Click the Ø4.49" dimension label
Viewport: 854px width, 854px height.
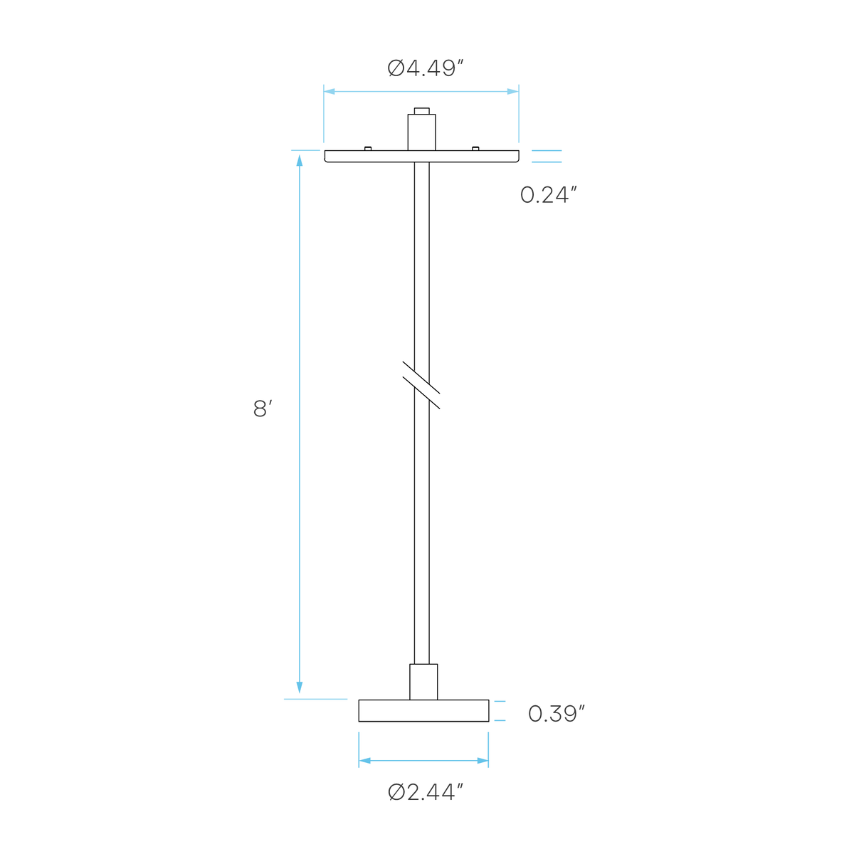pyautogui.click(x=425, y=68)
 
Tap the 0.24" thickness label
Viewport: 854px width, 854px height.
pyautogui.click(x=549, y=194)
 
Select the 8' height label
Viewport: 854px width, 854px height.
pyautogui.click(x=263, y=408)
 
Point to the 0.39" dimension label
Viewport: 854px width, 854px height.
pyautogui.click(x=557, y=714)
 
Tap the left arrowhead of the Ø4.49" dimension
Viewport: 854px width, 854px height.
pyautogui.click(x=330, y=91)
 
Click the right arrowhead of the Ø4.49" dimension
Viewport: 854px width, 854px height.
pyautogui.click(x=512, y=91)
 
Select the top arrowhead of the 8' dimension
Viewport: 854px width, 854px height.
pyautogui.click(x=300, y=160)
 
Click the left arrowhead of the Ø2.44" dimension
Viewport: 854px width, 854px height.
pyautogui.click(x=364, y=761)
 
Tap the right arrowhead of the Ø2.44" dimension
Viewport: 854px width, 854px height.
pyautogui.click(x=483, y=761)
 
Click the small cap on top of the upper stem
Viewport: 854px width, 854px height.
pyautogui.click(x=421, y=111)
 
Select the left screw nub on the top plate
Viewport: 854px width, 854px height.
pyautogui.click(x=368, y=149)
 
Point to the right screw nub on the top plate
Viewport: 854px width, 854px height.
pyautogui.click(x=475, y=149)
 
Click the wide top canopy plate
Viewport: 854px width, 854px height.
pyautogui.click(x=421, y=157)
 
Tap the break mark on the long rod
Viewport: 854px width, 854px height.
pyautogui.click(x=421, y=385)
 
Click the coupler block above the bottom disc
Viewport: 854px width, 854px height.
pyautogui.click(x=423, y=682)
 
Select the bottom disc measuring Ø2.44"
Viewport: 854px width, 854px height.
pyautogui.click(x=423, y=711)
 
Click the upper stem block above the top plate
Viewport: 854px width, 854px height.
pyautogui.click(x=421, y=132)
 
